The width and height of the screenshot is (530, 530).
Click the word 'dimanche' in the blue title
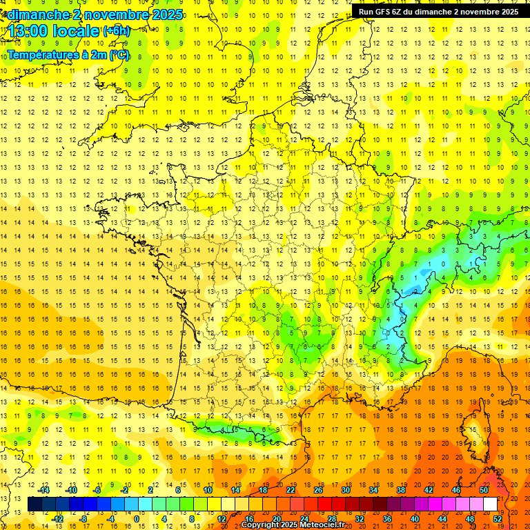33,14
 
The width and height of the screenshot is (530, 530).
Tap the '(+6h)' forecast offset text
116,31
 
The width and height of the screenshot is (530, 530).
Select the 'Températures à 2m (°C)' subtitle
68,54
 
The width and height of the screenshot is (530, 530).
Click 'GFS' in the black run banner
384,12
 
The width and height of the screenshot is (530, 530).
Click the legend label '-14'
46,490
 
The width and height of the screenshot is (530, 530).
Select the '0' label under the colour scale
136,518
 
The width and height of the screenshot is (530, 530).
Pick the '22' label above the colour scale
291,490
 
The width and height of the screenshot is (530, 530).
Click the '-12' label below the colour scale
59,518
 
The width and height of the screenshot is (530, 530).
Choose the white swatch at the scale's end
490,504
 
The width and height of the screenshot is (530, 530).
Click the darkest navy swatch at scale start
35,504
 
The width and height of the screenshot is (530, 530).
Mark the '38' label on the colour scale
401,490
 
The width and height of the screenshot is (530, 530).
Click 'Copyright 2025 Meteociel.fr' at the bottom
293,525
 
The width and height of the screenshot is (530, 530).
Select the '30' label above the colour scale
346,490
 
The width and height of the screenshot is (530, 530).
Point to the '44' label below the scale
442,518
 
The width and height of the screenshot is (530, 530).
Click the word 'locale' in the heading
77,31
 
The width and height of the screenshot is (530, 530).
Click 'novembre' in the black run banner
480,12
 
